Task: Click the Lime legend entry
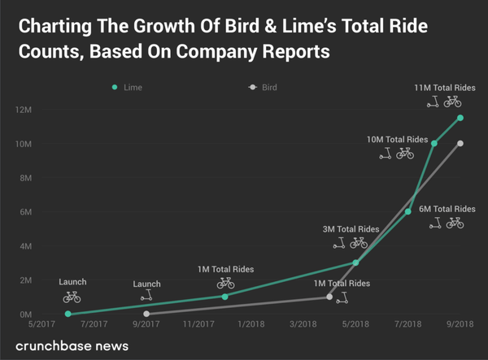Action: pyautogui.click(x=127, y=86)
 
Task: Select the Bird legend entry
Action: pyautogui.click(x=263, y=86)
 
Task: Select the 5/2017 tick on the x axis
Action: pyautogui.click(x=43, y=325)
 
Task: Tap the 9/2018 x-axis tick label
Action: pyautogui.click(x=460, y=325)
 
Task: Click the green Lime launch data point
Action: pyautogui.click(x=68, y=314)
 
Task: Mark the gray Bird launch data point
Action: pyautogui.click(x=146, y=314)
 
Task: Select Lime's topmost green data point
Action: pyautogui.click(x=460, y=118)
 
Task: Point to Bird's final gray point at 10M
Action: pyautogui.click(x=460, y=144)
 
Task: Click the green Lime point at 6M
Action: pyautogui.click(x=408, y=211)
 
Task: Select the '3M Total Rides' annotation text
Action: pyautogui.click(x=351, y=229)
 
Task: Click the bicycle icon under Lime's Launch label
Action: pyautogui.click(x=72, y=297)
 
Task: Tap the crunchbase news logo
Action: pyautogui.click(x=72, y=346)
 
